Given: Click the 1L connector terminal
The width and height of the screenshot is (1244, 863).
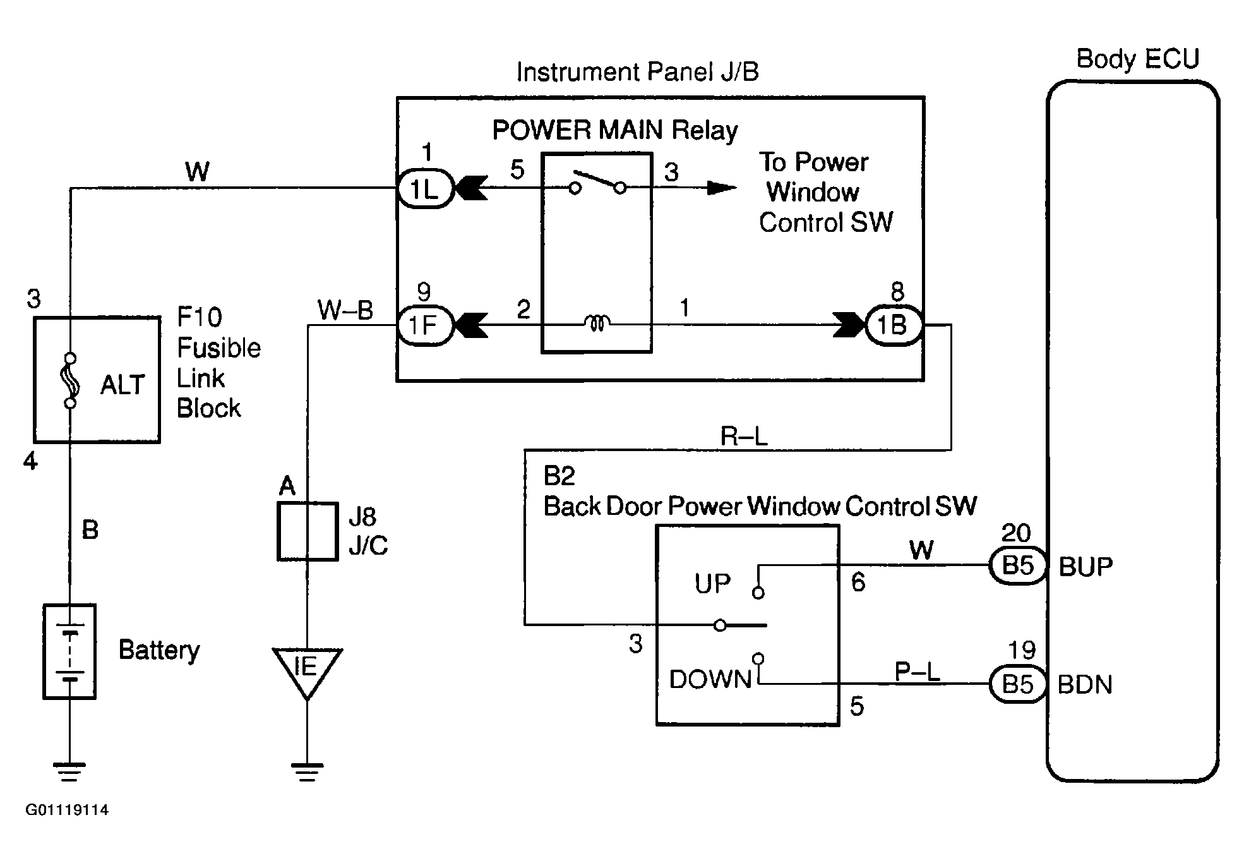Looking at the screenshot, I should click(x=425, y=189).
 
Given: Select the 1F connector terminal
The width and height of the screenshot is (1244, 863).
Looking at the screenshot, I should click(x=425, y=325).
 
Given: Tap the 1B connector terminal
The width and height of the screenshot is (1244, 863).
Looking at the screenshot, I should click(x=893, y=325).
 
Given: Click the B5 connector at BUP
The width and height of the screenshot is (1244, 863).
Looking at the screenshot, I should click(x=1017, y=565).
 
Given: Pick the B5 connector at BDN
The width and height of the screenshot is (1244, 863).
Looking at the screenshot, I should click(x=1017, y=684).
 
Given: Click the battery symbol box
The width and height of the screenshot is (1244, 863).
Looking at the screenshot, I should click(x=69, y=651).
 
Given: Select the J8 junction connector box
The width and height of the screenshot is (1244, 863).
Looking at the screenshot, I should click(x=308, y=531).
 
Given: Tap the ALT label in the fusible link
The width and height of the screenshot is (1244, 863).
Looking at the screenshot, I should click(x=123, y=385).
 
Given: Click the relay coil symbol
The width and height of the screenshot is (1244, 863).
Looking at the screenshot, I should click(x=597, y=324).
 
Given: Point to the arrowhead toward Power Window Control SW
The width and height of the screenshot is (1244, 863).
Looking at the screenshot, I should click(x=721, y=188).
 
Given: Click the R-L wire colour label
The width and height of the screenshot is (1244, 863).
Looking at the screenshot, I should click(x=744, y=437).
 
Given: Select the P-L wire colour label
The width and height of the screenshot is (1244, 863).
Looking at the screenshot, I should click(x=918, y=672).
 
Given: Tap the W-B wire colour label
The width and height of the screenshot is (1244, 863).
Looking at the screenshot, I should click(x=345, y=310).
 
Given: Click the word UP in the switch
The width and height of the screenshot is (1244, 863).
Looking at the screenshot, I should click(x=712, y=584).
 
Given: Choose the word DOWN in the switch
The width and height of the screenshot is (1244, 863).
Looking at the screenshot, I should click(x=710, y=680).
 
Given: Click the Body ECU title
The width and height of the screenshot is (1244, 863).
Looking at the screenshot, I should click(x=1137, y=59).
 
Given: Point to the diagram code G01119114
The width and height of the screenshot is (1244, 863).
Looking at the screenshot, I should click(x=67, y=810).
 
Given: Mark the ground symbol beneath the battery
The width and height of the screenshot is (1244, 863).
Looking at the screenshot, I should click(x=69, y=771).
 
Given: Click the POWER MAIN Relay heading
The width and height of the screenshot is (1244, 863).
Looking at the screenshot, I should click(x=614, y=130).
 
